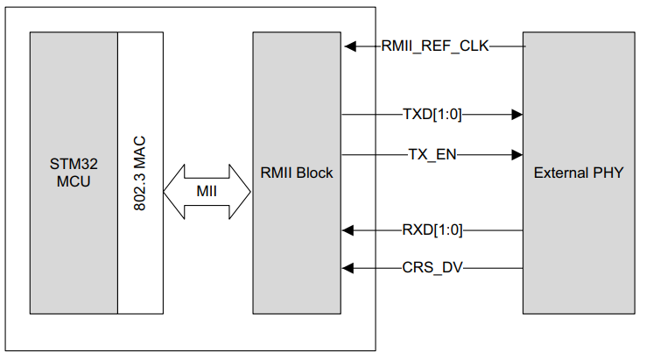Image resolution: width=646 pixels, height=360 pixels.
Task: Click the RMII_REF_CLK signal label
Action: pyautogui.click(x=435, y=46)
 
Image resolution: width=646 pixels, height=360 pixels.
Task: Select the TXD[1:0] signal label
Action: pyautogui.click(x=432, y=114)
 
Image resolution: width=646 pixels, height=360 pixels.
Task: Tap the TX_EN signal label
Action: pyautogui.click(x=432, y=154)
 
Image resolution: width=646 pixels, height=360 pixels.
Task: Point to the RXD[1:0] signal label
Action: pyautogui.click(x=432, y=230)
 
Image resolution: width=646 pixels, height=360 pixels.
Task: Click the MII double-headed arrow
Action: pyautogui.click(x=207, y=191)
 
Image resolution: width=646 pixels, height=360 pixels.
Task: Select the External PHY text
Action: pyautogui.click(x=579, y=173)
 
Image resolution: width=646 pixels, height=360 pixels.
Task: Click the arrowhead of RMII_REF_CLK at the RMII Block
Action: pyautogui.click(x=350, y=46)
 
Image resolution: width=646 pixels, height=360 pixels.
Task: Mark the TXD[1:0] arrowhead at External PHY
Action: pyautogui.click(x=516, y=114)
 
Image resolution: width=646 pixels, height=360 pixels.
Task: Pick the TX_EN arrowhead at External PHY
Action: pyautogui.click(x=516, y=154)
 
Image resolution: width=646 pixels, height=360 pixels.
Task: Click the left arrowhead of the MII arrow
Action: pyautogui.click(x=171, y=191)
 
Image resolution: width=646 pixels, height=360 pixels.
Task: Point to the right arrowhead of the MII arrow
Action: pyautogui.click(x=242, y=191)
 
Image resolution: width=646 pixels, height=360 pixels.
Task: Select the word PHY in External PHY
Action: pyautogui.click(x=607, y=173)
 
